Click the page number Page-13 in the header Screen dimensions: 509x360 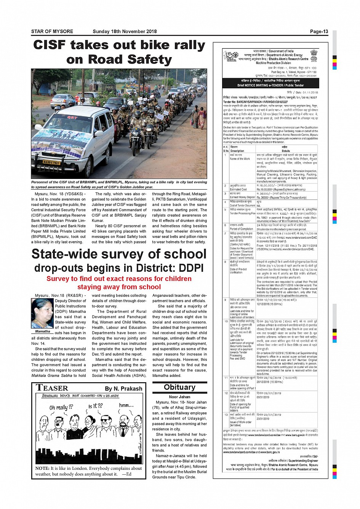tap(319, 32)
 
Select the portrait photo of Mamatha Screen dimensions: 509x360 tap(42, 313)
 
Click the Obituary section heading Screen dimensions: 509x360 tap(179, 388)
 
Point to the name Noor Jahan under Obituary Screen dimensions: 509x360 tap(179, 397)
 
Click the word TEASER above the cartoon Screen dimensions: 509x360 tap(52, 388)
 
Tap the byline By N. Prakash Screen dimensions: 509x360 tap(123, 389)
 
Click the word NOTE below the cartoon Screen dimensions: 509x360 tap(42, 468)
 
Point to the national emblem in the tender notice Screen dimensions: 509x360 tap(313, 56)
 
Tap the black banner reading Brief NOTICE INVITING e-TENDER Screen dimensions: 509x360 tap(270, 83)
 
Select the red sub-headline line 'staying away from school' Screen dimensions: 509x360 tap(119, 287)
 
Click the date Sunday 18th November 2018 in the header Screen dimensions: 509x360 tap(125, 32)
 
